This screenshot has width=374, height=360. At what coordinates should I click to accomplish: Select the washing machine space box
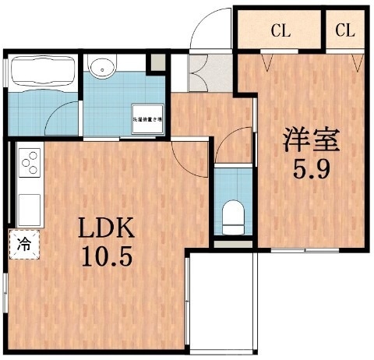click(x=146, y=118)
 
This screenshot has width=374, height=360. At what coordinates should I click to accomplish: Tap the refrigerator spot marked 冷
click(x=23, y=242)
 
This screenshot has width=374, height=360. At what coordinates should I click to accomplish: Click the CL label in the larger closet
click(x=280, y=31)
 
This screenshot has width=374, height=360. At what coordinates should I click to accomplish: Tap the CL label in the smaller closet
click(x=345, y=31)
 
